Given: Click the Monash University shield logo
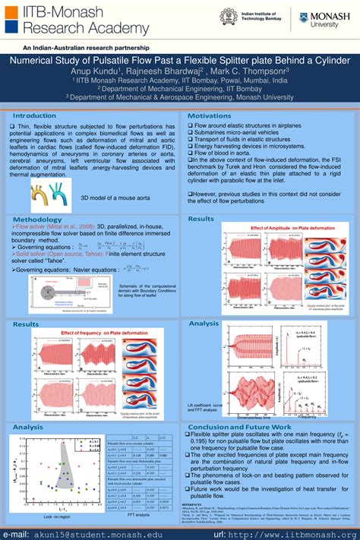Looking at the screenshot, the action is (304, 21).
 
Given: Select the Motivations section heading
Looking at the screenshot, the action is (209, 115).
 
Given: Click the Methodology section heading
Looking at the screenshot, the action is (37, 219).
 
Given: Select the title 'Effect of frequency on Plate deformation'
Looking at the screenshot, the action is (103, 333).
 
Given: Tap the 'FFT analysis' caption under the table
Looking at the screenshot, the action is (137, 515).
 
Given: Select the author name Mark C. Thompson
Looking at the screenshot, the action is (249, 70).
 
